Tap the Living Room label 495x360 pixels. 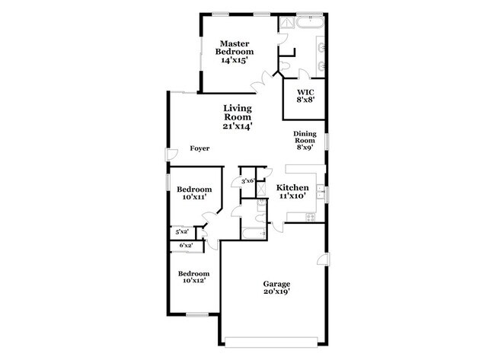(x=238, y=117)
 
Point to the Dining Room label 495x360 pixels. (x=305, y=142)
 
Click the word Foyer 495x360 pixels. (x=200, y=149)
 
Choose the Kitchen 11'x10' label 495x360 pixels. (x=292, y=191)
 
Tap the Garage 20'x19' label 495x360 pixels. (x=277, y=288)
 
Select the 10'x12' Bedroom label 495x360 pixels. (x=193, y=277)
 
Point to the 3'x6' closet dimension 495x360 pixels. (x=247, y=181)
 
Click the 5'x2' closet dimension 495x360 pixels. (x=182, y=231)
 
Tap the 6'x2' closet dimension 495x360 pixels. (x=186, y=245)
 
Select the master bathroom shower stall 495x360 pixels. (x=287, y=24)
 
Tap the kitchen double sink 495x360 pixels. (x=321, y=193)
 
